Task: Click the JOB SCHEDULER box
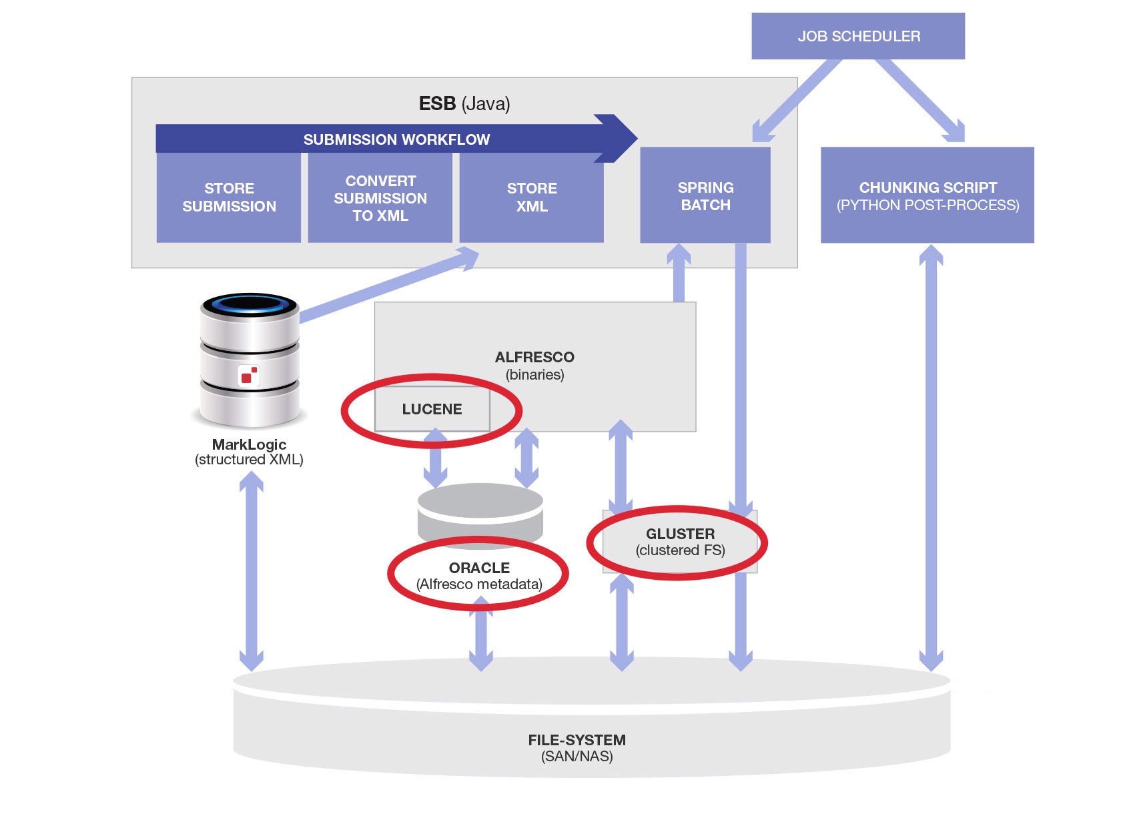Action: click(x=858, y=36)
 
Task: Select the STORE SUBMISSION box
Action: click(x=229, y=197)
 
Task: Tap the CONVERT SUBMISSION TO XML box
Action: click(x=380, y=198)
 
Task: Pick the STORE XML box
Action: click(x=532, y=197)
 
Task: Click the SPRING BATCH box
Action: click(x=705, y=196)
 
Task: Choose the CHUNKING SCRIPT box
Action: click(x=927, y=196)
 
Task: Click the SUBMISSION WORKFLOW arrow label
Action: click(x=396, y=139)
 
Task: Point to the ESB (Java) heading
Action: click(x=464, y=103)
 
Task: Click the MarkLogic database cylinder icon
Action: click(x=250, y=360)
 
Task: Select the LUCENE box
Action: click(x=432, y=409)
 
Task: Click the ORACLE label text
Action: click(x=479, y=568)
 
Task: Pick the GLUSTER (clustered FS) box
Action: click(x=680, y=542)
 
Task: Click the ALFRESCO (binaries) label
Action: click(x=534, y=365)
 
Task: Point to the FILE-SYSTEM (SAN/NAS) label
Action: click(x=577, y=747)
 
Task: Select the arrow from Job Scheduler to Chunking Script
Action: click(x=919, y=100)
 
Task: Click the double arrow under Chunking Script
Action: click(x=931, y=457)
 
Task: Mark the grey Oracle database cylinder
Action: click(x=480, y=514)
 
